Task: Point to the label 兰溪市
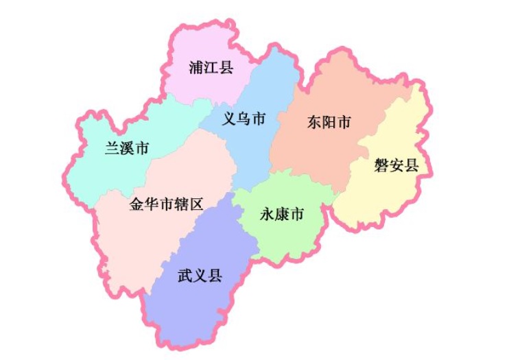[x=127, y=148]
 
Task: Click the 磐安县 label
[x=396, y=165]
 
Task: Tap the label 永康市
[x=282, y=215]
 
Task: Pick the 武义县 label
[x=200, y=276]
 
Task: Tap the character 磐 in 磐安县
[x=381, y=165]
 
